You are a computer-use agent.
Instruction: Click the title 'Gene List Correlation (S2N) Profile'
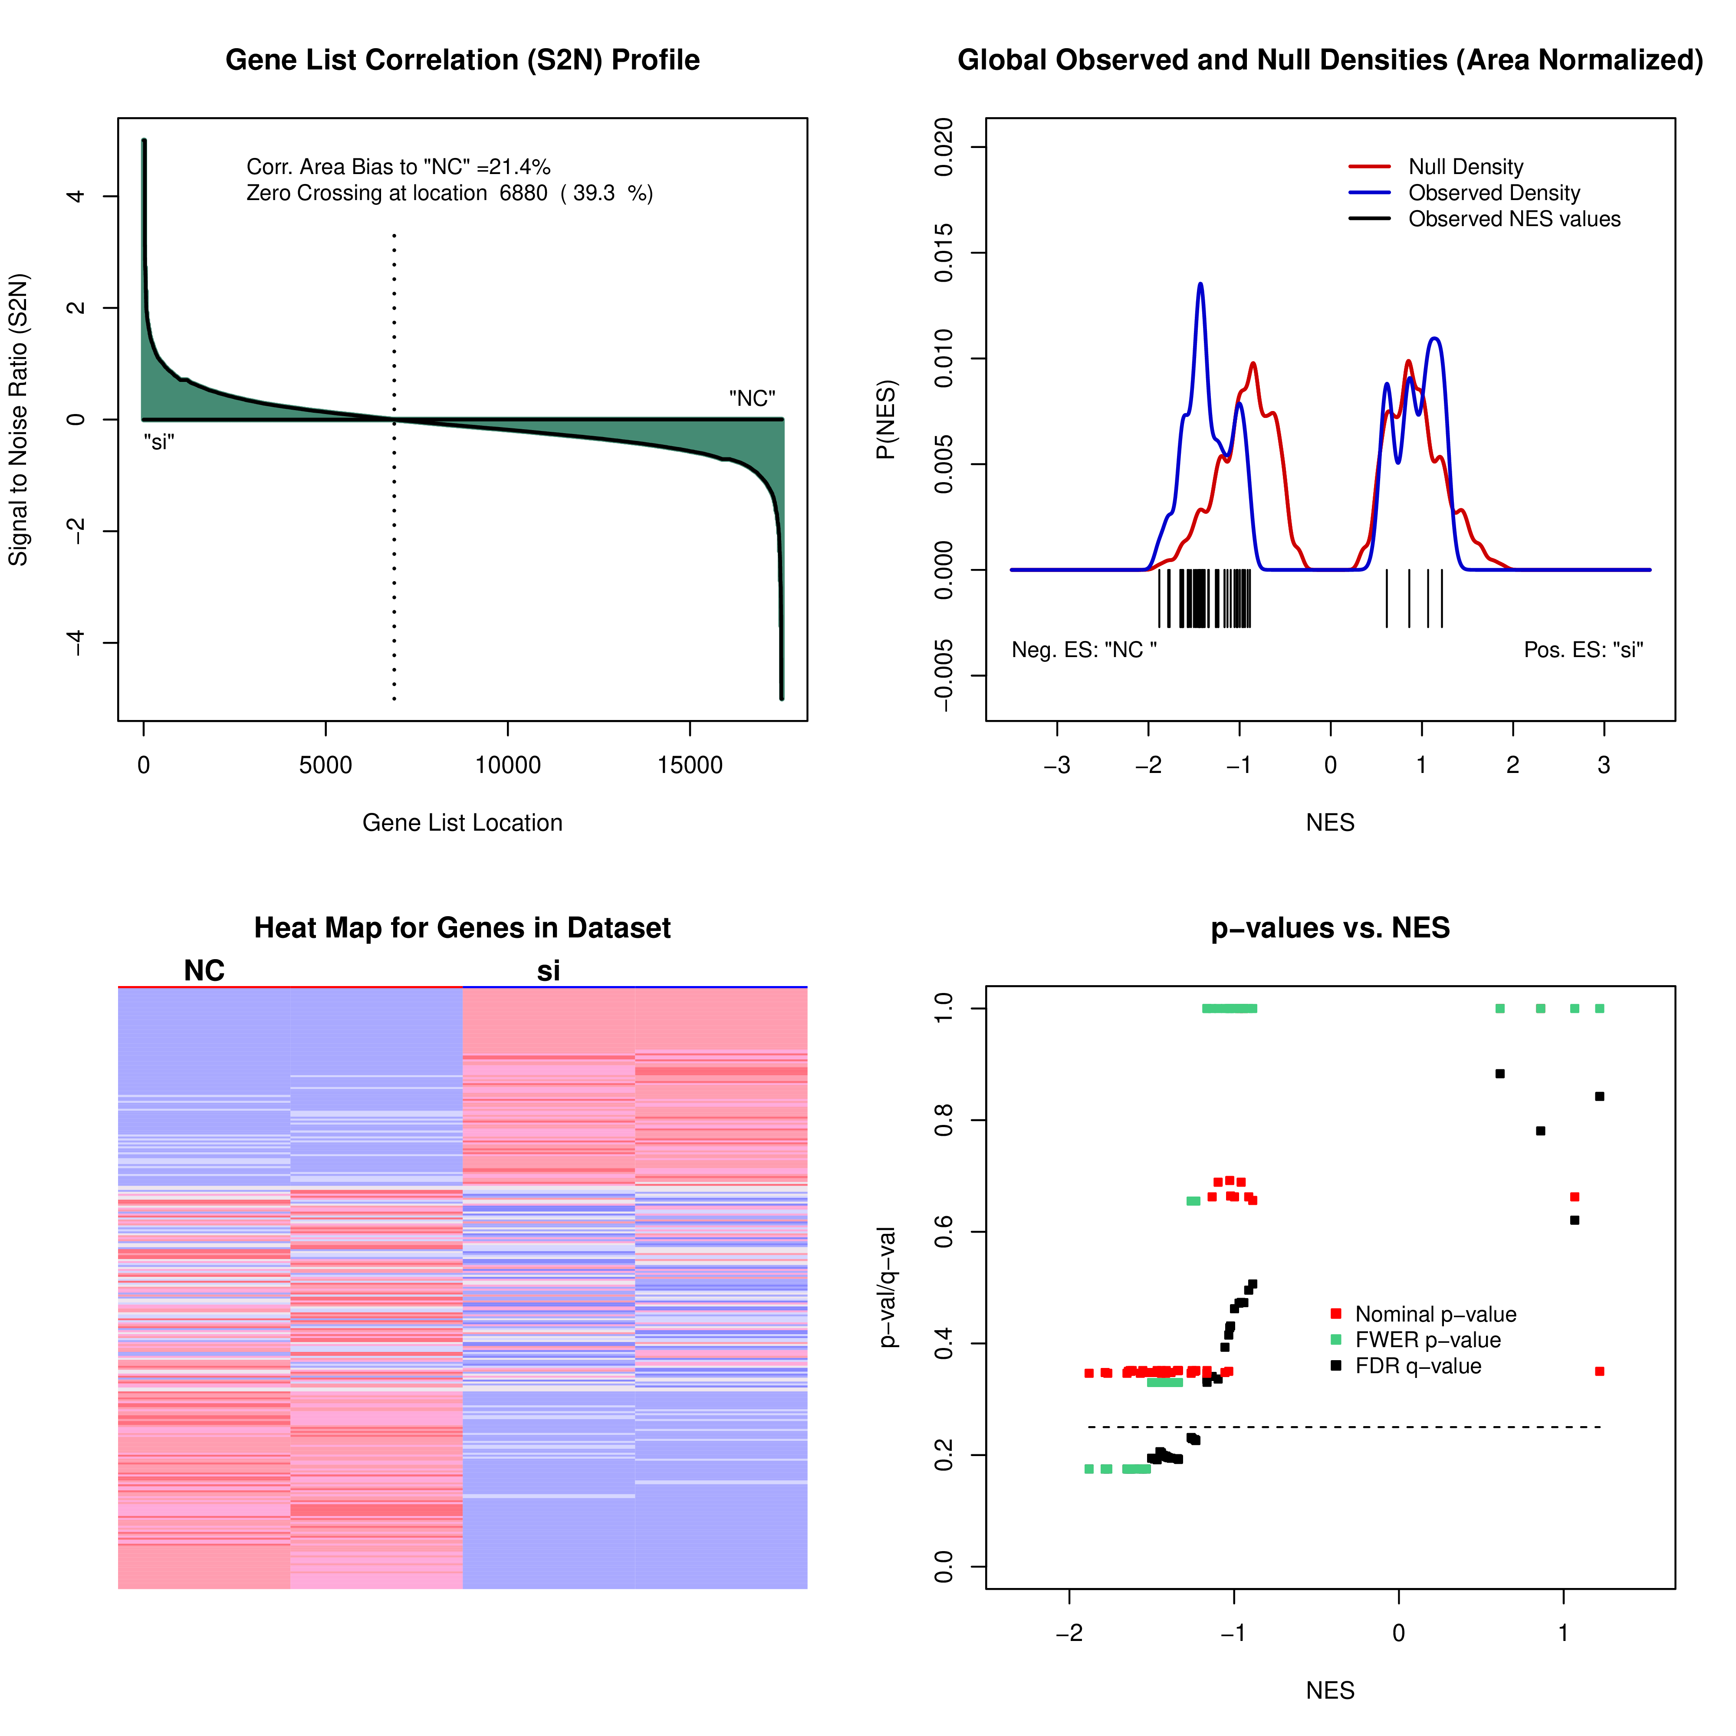462,60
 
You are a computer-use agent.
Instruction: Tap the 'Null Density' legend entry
1465,167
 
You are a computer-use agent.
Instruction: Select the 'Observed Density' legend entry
1493,193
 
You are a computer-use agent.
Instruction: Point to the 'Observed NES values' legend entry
1513,219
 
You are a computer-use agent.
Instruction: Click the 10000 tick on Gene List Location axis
508,766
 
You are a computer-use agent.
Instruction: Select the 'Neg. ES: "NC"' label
1084,650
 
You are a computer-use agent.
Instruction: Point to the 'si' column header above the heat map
548,971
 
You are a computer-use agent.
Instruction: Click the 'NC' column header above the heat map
204,971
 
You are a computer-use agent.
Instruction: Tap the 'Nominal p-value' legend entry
1435,1315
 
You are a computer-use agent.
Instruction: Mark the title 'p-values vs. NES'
1330,928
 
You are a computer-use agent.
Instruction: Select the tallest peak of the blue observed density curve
1200,285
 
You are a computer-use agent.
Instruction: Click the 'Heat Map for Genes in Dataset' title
462,928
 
